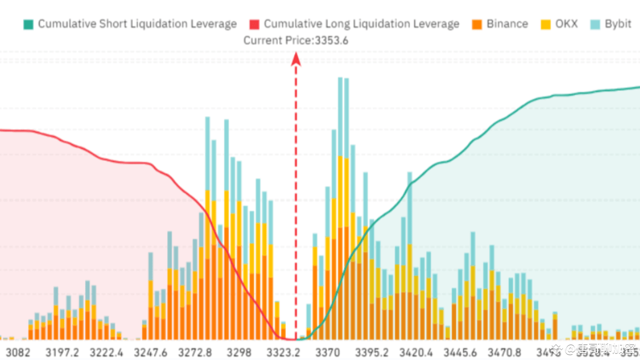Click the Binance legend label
507,24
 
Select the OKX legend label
566,24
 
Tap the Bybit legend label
618,24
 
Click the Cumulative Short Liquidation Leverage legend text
137,24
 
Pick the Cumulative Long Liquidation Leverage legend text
361,24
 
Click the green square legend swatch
28,24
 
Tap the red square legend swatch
254,24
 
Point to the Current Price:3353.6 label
296,40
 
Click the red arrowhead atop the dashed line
296,59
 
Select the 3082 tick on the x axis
17,352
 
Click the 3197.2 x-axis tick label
62,352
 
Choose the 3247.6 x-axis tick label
150,352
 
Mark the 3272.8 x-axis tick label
195,352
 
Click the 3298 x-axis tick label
239,352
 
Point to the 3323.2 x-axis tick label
283,352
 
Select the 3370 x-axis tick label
327,352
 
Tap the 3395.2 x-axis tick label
372,352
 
